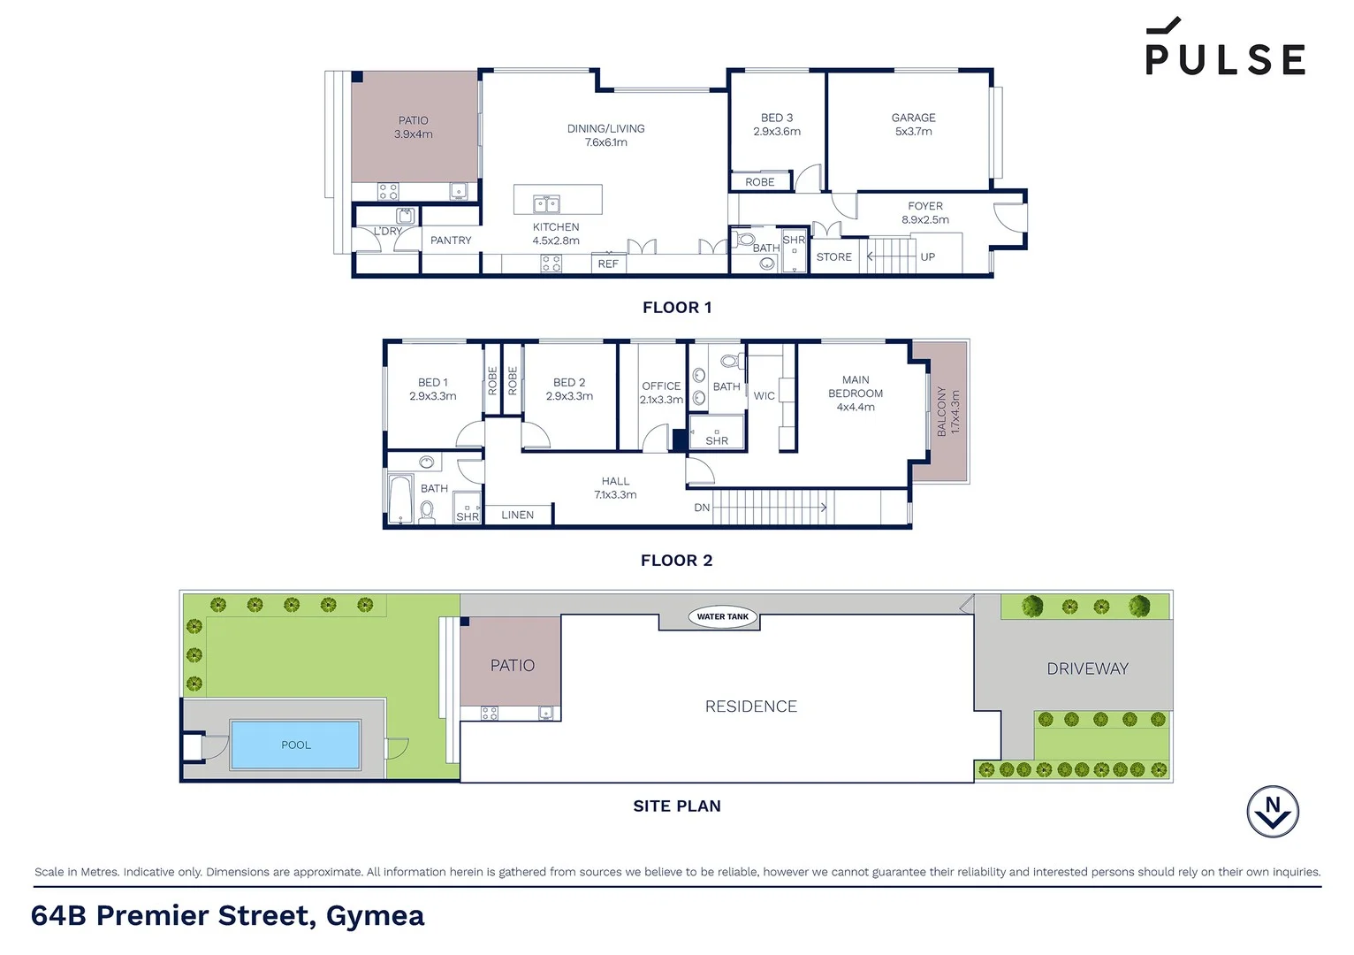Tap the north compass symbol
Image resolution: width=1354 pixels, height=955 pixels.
pos(1272,811)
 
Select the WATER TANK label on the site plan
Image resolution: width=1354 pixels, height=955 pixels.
pos(722,616)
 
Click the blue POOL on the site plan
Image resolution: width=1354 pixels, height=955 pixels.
pos(295,745)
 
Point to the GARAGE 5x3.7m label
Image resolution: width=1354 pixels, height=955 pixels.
pos(913,124)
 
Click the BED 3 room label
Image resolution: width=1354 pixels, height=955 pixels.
pos(777,124)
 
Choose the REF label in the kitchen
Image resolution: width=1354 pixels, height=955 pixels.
pos(608,264)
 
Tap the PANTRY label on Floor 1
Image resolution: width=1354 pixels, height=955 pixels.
pos(451,241)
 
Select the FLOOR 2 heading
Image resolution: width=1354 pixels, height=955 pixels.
pos(676,560)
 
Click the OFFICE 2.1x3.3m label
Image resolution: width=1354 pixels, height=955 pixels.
pos(661,393)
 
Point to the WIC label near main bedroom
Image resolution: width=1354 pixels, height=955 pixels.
pos(764,396)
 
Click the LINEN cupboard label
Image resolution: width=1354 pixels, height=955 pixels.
pos(517,515)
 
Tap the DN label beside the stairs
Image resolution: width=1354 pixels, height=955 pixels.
pos(702,508)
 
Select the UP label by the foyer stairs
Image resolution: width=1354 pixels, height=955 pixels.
pos(927,257)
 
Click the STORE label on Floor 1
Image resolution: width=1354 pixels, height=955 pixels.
pos(833,257)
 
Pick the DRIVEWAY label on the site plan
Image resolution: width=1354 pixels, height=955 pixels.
pos(1087,668)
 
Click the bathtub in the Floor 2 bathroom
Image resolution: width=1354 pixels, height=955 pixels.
pos(400,500)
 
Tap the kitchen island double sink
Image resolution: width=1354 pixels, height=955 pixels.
pos(546,204)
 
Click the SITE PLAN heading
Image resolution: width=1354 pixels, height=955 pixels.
pos(676,806)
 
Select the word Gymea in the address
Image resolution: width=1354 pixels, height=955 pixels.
pos(375,915)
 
